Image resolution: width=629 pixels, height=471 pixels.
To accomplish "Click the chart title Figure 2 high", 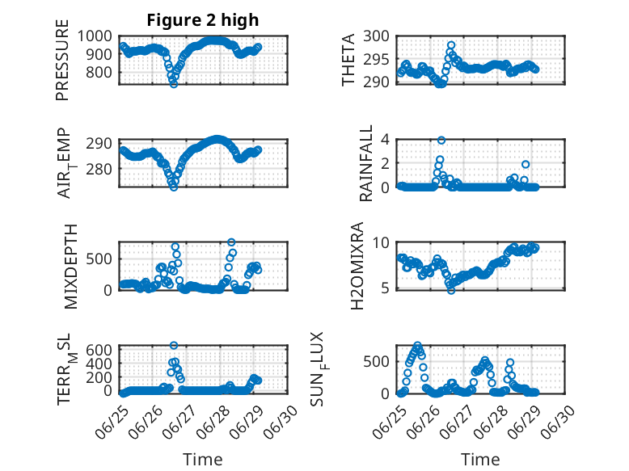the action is (x=203, y=20).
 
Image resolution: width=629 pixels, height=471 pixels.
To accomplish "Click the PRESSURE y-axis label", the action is (x=62, y=60).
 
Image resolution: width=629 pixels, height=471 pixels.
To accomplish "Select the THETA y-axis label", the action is (x=348, y=60).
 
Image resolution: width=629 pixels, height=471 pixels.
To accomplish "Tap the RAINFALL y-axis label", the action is (x=366, y=163).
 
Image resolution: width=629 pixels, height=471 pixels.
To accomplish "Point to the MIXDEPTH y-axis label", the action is (x=70, y=266).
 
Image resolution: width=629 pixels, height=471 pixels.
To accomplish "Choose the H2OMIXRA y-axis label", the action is (x=357, y=266).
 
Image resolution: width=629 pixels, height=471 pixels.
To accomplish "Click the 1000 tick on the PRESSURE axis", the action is (x=95, y=36).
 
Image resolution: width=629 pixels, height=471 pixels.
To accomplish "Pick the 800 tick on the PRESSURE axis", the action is (x=99, y=73).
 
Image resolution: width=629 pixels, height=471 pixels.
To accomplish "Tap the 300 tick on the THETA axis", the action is (x=376, y=36).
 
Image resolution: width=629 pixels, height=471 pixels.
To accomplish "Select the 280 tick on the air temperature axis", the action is (x=99, y=169).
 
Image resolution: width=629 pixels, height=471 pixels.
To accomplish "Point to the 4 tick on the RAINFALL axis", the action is (x=386, y=140).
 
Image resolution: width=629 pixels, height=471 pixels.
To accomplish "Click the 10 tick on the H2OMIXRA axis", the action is (x=381, y=242).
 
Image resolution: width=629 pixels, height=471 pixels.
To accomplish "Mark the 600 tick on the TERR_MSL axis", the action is (x=99, y=350).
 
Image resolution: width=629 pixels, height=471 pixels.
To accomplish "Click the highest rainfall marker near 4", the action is (x=441, y=140).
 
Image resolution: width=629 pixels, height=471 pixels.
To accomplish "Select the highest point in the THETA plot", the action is (x=451, y=45).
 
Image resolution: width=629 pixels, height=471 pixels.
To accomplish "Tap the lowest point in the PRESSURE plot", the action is (x=174, y=84).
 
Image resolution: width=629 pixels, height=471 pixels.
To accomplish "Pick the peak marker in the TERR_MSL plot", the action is (x=174, y=345).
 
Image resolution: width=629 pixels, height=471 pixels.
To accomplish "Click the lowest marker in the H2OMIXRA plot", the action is (x=451, y=290).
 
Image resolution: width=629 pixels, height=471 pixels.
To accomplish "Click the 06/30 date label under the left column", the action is (x=281, y=423).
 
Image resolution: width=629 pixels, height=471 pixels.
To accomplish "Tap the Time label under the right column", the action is (x=480, y=460).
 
